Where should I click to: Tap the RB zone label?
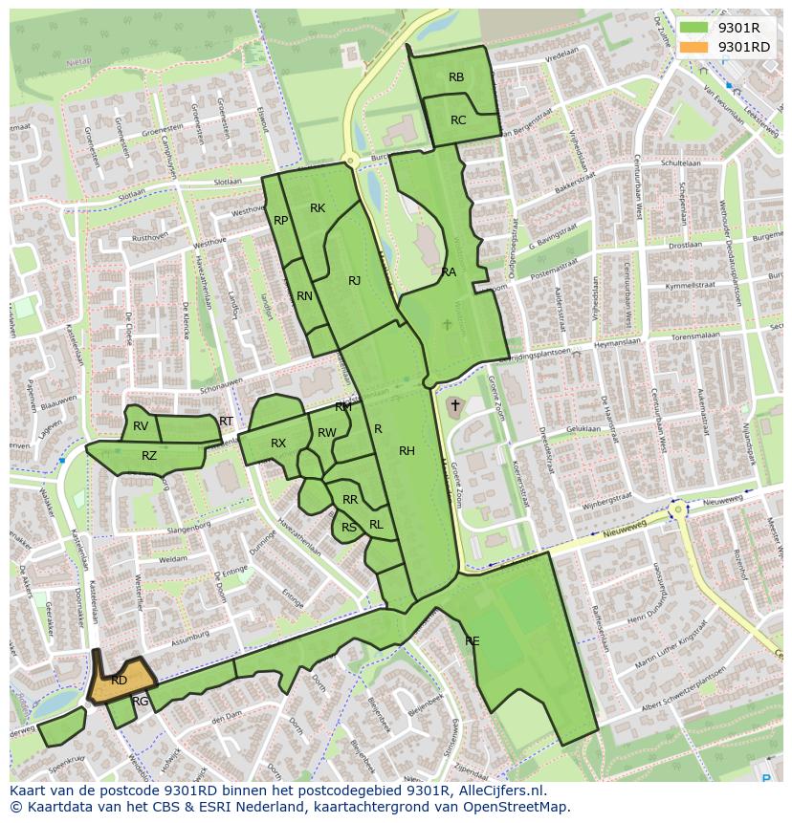pyautogui.click(x=456, y=77)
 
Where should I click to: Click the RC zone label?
pyautogui.click(x=458, y=120)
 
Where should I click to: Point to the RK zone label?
pyautogui.click(x=318, y=208)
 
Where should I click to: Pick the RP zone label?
pyautogui.click(x=281, y=221)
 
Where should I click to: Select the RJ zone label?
pyautogui.click(x=354, y=281)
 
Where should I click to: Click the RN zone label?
pyautogui.click(x=304, y=296)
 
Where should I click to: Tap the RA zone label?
pyautogui.click(x=449, y=272)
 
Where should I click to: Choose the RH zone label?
pyautogui.click(x=407, y=451)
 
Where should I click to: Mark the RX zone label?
pyautogui.click(x=278, y=444)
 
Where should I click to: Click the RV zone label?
pyautogui.click(x=141, y=426)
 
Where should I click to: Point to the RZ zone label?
pyautogui.click(x=149, y=456)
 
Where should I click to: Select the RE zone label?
pyautogui.click(x=472, y=641)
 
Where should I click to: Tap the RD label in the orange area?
pyautogui.click(x=119, y=681)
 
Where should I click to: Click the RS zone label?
pyautogui.click(x=349, y=528)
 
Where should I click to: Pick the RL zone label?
pyautogui.click(x=376, y=525)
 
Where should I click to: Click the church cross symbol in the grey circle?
pyautogui.click(x=455, y=405)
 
